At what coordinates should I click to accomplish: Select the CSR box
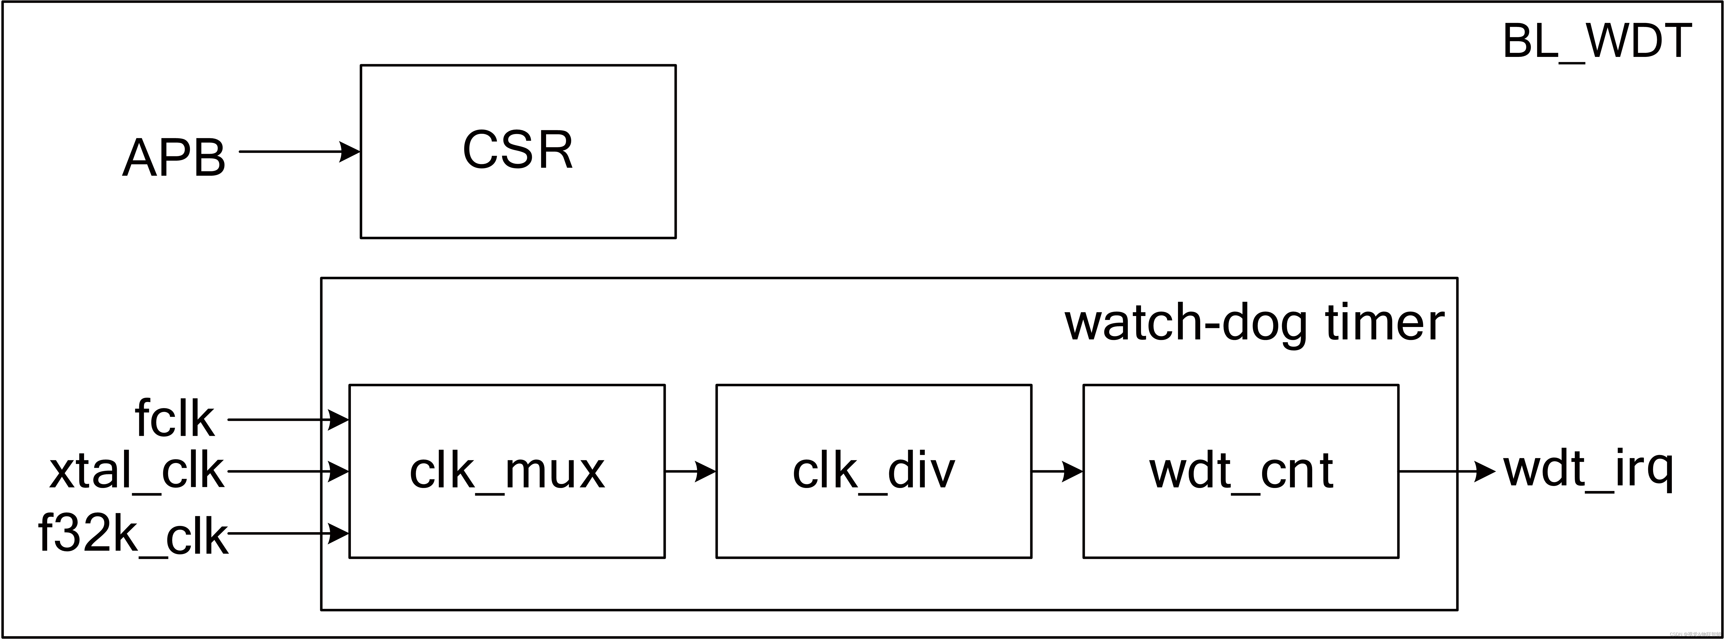pyautogui.click(x=518, y=151)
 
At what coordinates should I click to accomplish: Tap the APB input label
pyautogui.click(x=174, y=158)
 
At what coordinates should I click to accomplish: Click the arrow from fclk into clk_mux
pyautogui.click(x=288, y=420)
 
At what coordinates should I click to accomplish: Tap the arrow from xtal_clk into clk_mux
pyautogui.click(x=288, y=472)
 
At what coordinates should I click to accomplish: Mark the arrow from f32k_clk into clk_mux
pyautogui.click(x=288, y=534)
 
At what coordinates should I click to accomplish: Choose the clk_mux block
pyautogui.click(x=507, y=471)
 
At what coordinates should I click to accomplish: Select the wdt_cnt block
pyautogui.click(x=1241, y=471)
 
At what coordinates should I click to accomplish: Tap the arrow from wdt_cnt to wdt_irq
pyautogui.click(x=1446, y=472)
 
